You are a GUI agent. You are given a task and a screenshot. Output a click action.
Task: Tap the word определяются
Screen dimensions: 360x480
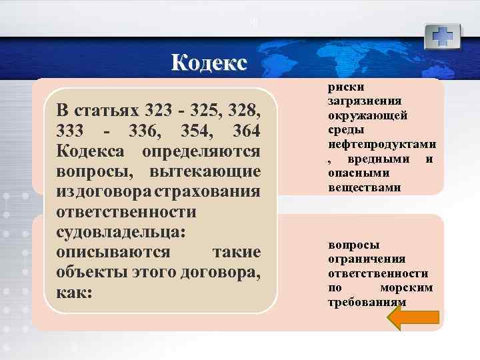[201, 151]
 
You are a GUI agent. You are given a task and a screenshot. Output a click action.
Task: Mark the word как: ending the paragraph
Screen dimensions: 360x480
[74, 295]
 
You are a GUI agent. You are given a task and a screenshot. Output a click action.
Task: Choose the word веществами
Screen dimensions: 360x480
[364, 189]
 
